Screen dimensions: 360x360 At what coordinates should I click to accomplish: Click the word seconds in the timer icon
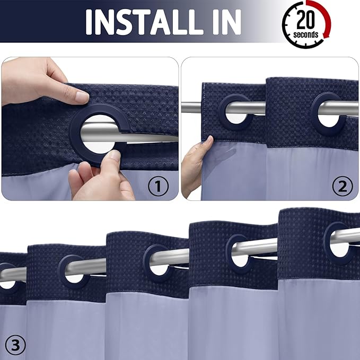tap(306, 35)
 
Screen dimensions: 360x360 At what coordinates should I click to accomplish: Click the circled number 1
tap(157, 186)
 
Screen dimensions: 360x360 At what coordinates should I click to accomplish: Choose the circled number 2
tap(342, 186)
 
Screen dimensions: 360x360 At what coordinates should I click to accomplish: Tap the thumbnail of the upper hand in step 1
tap(81, 97)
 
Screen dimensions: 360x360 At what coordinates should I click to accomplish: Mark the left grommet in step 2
tap(235, 109)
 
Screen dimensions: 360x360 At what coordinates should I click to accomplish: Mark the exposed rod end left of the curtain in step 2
tap(191, 108)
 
